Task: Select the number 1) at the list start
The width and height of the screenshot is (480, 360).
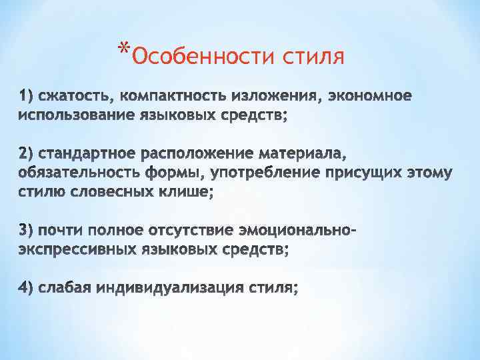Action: tap(27, 97)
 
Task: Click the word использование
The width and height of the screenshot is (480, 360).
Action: tap(73, 116)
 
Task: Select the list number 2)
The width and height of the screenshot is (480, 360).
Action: tap(27, 154)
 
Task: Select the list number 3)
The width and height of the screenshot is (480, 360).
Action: tap(27, 231)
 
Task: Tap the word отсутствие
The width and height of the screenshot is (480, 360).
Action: tap(181, 231)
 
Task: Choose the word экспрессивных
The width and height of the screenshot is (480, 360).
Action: tap(74, 250)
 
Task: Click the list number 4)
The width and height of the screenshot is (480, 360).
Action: tap(27, 288)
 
